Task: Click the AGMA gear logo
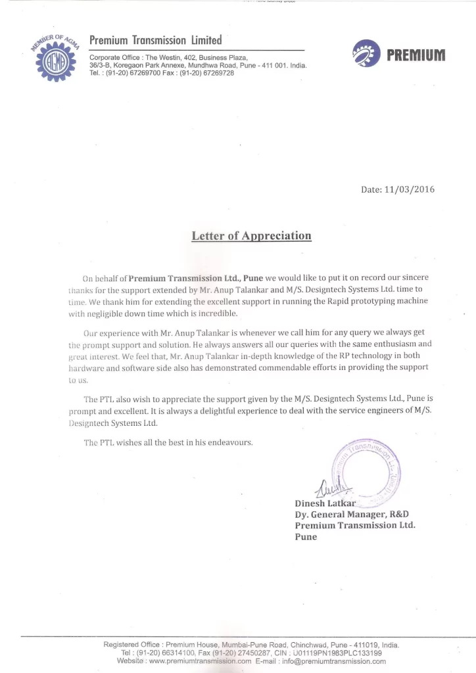pos(55,58)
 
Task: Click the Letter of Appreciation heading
pos(251,236)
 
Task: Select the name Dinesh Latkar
pos(325,503)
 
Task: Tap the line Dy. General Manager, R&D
pos(356,515)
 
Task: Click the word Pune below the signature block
pos(306,537)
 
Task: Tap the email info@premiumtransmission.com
pos(333,662)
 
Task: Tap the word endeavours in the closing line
pos(230,442)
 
